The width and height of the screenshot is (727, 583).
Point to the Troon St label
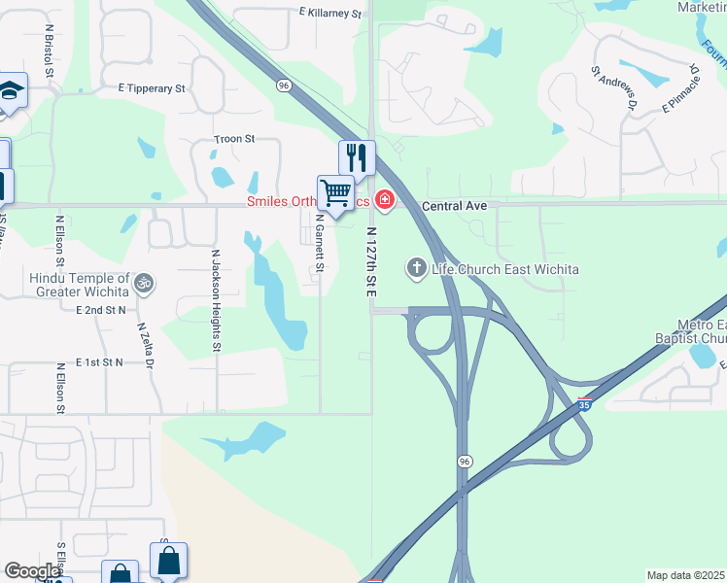click(234, 139)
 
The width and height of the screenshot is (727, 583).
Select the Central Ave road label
click(461, 206)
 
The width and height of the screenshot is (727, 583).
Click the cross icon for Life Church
click(417, 267)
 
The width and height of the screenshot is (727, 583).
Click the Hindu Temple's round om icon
click(144, 283)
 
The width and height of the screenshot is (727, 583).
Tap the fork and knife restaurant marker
click(357, 156)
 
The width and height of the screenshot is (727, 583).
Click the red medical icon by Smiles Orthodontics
click(385, 201)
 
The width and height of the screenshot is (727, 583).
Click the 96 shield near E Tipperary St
click(283, 86)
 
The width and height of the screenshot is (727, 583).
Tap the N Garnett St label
click(319, 243)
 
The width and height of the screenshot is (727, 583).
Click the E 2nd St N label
click(101, 309)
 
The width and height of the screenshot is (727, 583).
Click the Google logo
click(32, 571)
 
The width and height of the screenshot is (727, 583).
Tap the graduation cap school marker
click(12, 90)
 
